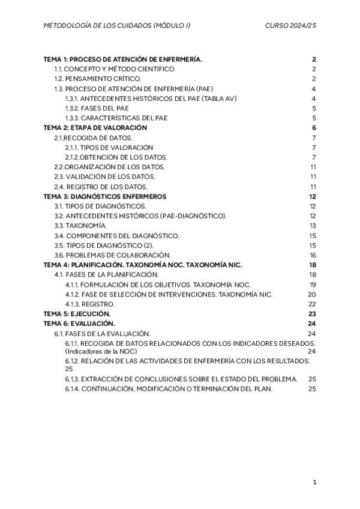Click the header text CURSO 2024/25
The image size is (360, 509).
[x=290, y=26]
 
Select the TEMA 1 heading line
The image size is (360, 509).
[x=123, y=59]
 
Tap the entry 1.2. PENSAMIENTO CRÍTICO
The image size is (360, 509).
[x=98, y=79]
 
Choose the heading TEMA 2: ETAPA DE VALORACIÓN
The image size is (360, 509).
[x=95, y=128]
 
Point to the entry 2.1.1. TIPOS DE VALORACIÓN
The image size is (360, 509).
[x=109, y=147]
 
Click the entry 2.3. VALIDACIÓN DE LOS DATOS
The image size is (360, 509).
[x=104, y=176]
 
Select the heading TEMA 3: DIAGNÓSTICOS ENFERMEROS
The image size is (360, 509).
[x=105, y=196]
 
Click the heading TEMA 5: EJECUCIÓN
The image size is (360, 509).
[x=77, y=313]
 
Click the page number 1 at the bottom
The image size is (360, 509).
[x=314, y=482]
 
